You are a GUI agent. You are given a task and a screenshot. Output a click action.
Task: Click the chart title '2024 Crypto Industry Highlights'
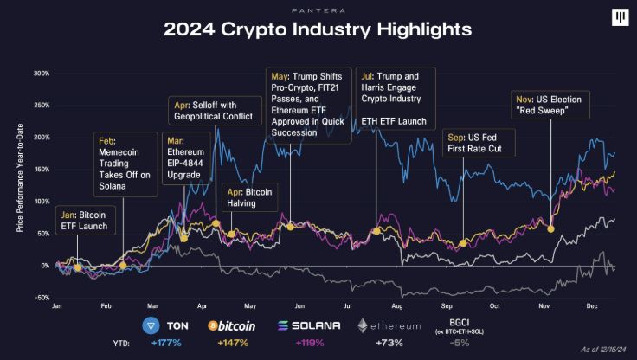click(318, 29)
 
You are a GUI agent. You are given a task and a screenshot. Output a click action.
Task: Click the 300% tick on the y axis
click(40, 74)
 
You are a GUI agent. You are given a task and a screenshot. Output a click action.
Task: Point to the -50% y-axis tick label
click(40, 298)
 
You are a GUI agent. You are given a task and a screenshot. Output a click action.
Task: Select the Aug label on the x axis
click(397, 306)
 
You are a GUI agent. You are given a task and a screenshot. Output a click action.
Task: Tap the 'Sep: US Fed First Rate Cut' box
click(479, 143)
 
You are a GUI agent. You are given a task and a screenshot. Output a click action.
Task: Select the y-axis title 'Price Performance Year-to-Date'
click(21, 185)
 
